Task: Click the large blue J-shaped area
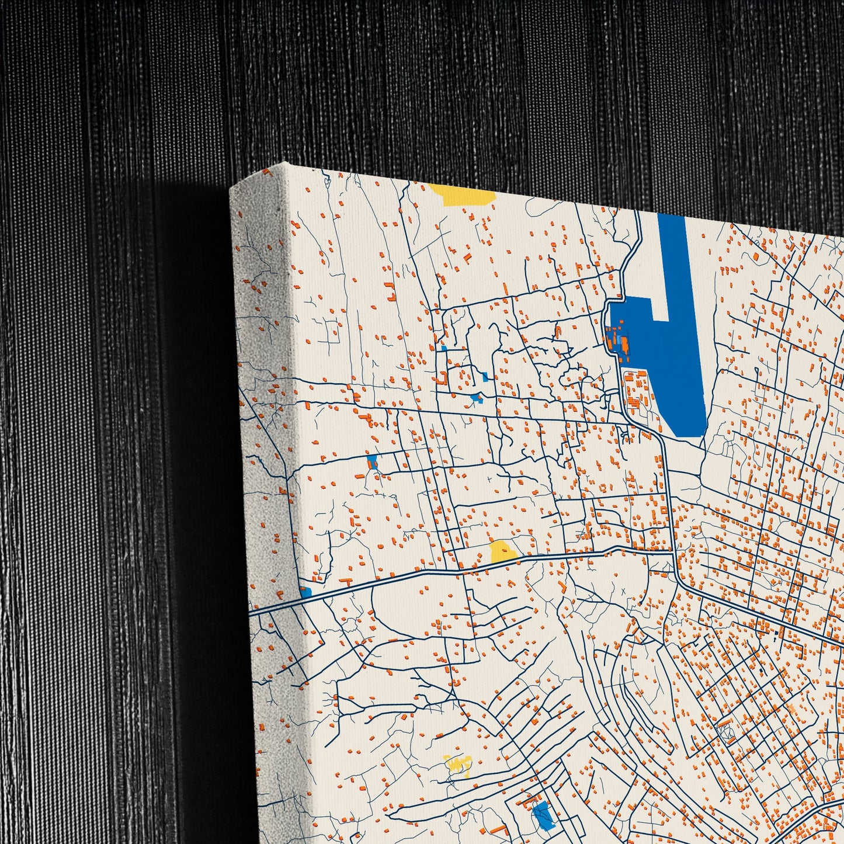click(x=672, y=362)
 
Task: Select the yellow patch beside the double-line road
click(x=502, y=551)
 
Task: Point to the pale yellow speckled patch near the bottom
click(x=459, y=765)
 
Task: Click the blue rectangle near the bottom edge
click(x=541, y=815)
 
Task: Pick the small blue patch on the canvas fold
click(x=305, y=592)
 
